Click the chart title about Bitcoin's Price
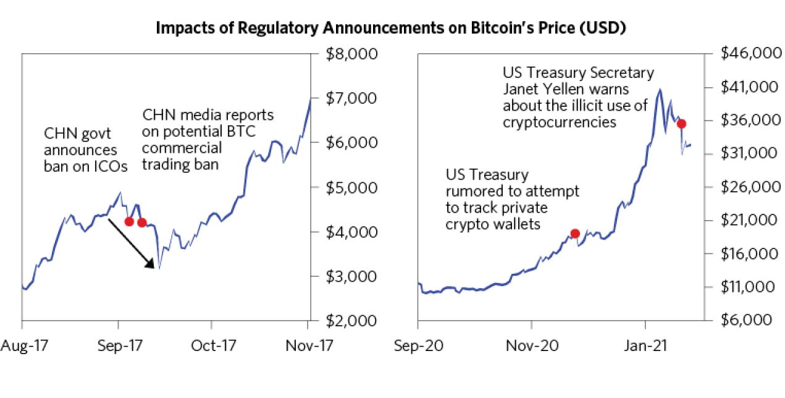(392, 28)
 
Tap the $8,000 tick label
(350, 54)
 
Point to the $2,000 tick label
(350, 321)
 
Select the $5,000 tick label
(350, 187)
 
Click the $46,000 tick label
(750, 54)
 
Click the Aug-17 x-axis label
(22, 345)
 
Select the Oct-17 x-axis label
(211, 345)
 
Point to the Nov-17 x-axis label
(308, 345)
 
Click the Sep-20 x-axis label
(418, 345)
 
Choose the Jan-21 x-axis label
(646, 345)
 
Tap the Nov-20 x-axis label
(532, 345)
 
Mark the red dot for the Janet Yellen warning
(682, 124)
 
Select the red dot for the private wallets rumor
(575, 233)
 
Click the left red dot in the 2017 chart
(128, 221)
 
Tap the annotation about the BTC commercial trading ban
(208, 140)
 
